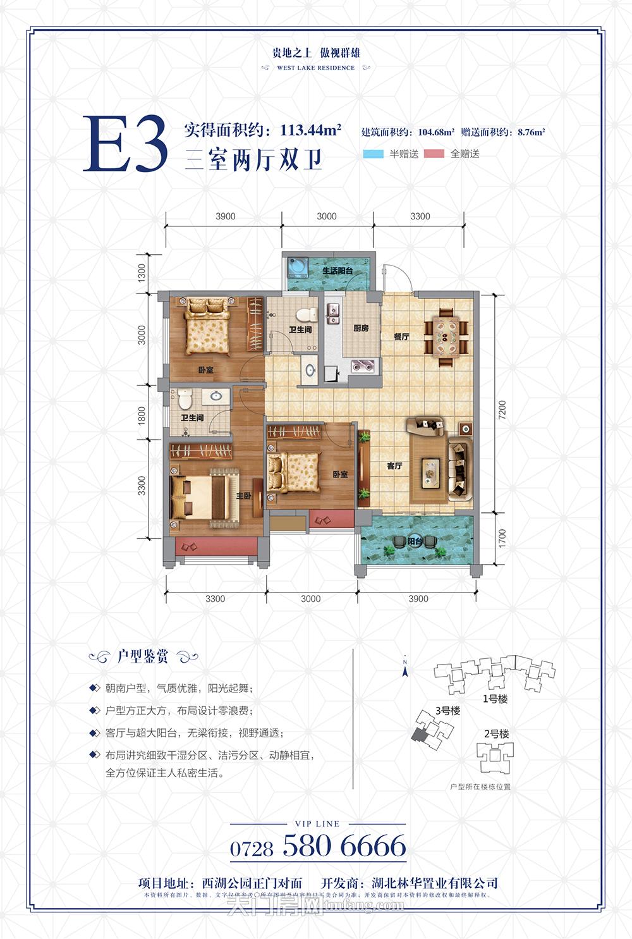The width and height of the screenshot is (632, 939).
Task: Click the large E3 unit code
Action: click(x=126, y=145)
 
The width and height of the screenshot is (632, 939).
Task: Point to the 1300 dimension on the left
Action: click(x=142, y=273)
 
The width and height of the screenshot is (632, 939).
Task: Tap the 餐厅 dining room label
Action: click(x=401, y=336)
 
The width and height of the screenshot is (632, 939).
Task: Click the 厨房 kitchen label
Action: click(x=361, y=329)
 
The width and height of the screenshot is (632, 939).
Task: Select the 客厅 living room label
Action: click(x=394, y=466)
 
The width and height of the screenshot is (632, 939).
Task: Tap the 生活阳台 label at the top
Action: click(x=337, y=271)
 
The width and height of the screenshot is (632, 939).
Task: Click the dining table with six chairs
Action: click(x=446, y=336)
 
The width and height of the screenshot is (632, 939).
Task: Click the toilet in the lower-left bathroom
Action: click(x=184, y=399)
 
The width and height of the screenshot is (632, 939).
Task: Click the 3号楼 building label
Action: click(x=447, y=711)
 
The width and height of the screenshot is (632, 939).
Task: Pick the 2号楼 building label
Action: click(x=496, y=734)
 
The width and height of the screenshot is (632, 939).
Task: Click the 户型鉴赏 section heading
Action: click(x=143, y=656)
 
